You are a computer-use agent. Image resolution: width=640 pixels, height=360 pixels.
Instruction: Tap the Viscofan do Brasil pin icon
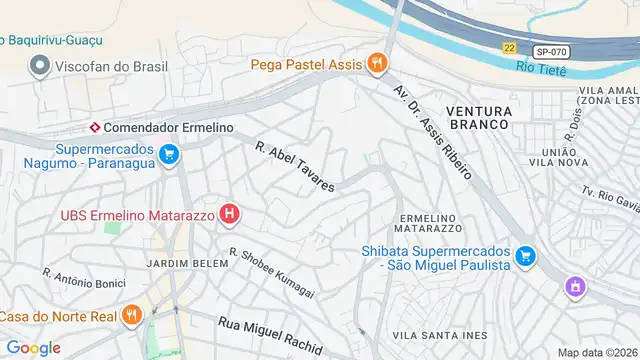pos(40,67)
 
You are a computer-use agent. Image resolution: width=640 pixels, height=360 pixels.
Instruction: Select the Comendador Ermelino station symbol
pos(94,128)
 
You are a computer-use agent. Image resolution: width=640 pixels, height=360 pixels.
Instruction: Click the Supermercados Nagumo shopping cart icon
pos(168,154)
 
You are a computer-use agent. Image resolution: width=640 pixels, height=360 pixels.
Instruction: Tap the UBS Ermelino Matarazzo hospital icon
pos(230,213)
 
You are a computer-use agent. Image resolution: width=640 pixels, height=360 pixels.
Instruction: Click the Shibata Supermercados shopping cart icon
pos(524,258)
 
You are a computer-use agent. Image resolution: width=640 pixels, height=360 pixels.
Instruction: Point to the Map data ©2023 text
pos(597,352)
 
